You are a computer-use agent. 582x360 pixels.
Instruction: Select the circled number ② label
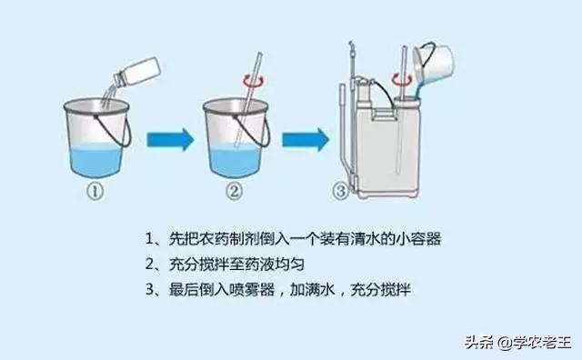click(236, 192)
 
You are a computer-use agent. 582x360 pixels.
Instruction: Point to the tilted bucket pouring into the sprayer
click(435, 63)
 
